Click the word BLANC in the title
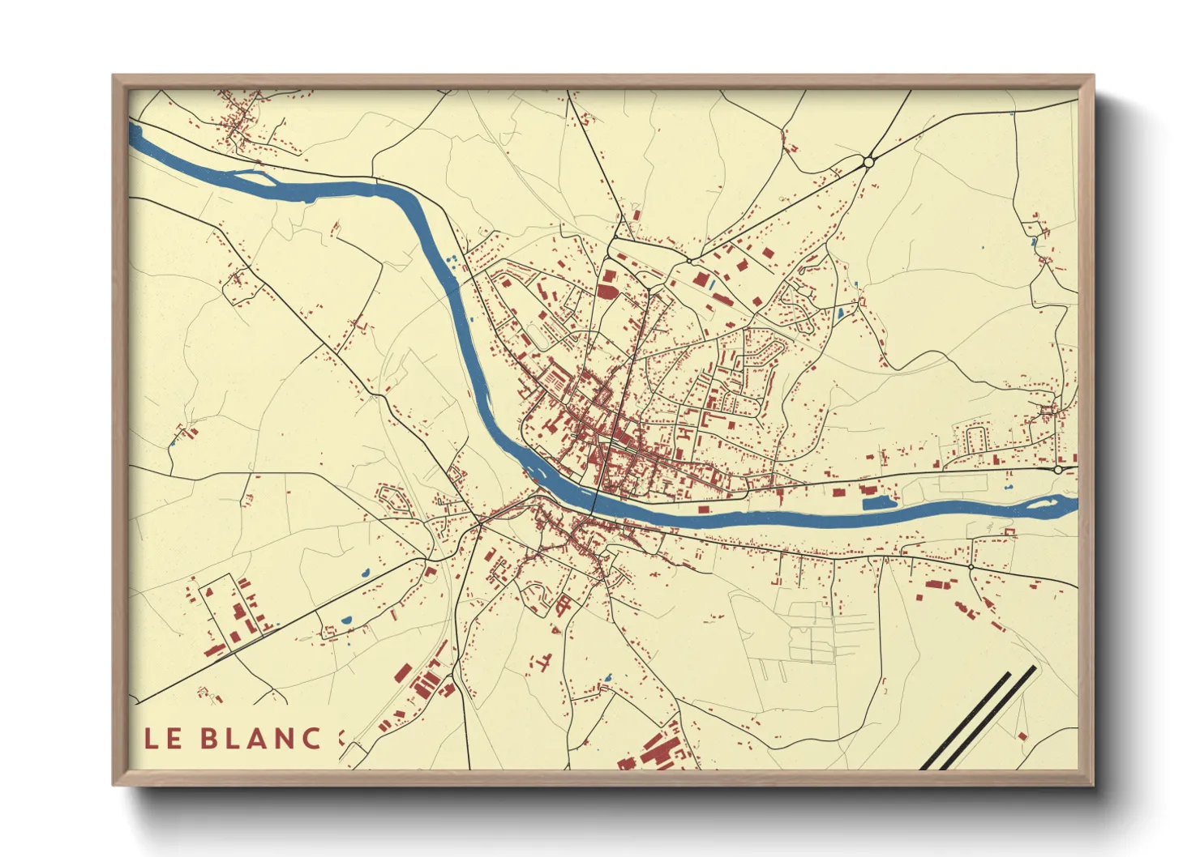tap(260, 739)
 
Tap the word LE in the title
tap(163, 739)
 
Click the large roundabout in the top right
tap(868, 162)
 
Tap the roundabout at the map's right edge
tap(1058, 469)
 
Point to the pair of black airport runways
tap(978, 718)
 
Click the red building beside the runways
tap(1022, 735)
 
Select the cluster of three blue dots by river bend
tap(451, 258)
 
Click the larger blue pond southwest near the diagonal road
tap(347, 620)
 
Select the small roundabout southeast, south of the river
tap(971, 567)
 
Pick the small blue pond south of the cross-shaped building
tap(606, 676)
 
